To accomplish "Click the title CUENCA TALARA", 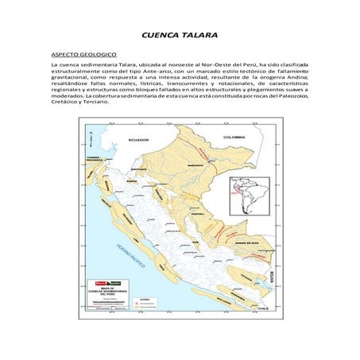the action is (x=179, y=36).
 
